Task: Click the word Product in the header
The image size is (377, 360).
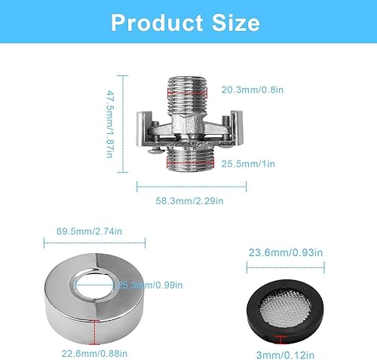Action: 157,23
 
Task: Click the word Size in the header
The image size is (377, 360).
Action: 236,23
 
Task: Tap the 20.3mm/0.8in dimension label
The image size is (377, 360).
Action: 253,90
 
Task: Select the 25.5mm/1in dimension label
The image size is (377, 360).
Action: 248,164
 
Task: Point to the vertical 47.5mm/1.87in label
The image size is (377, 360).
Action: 110,124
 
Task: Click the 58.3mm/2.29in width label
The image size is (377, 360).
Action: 189,201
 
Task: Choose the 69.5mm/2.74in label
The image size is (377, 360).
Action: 89,231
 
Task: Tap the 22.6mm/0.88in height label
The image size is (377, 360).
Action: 94,354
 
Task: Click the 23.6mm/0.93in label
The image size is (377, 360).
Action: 286,252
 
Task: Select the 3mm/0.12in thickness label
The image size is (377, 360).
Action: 285,355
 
